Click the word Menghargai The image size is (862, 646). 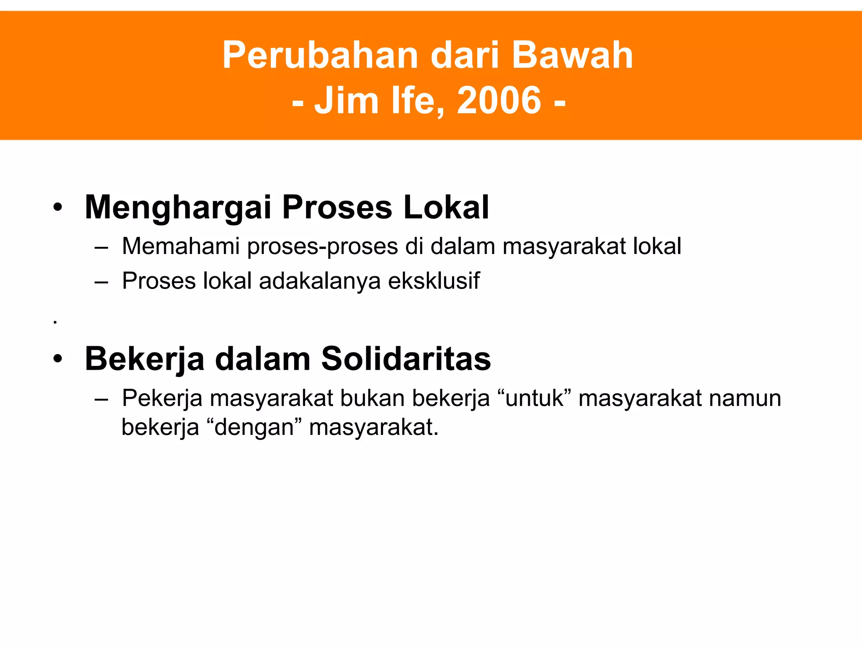point(178,208)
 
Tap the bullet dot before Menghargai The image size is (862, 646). point(58,207)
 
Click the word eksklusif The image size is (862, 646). point(434,281)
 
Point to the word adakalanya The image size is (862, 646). point(319,281)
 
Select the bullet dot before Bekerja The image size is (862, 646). point(58,359)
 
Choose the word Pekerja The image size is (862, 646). point(162,399)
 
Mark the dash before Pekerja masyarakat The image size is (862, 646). point(101,399)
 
